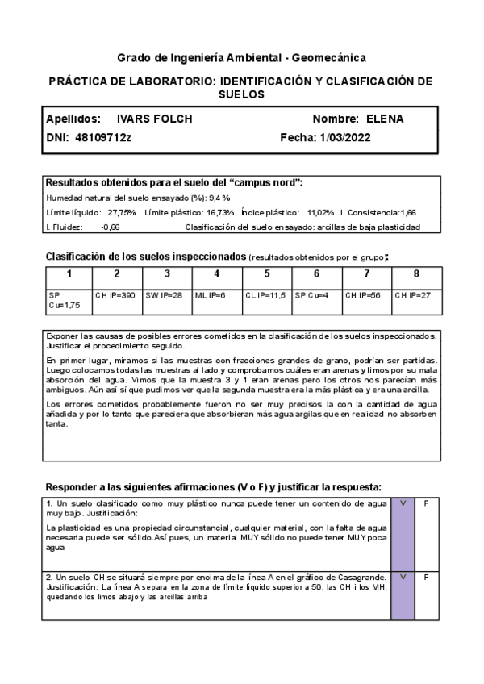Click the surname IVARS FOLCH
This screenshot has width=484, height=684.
point(155,119)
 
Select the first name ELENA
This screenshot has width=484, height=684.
point(385,119)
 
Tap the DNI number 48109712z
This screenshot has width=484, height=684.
point(102,138)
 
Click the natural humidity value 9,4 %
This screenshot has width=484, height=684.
point(219,197)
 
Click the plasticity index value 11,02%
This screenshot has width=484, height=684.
point(320,212)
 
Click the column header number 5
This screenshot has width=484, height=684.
point(267,273)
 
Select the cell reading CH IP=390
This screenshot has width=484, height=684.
point(115,296)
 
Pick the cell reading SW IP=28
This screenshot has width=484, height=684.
point(165,296)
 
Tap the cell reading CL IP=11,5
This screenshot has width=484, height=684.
point(265,296)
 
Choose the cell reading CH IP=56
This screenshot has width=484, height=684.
point(365,296)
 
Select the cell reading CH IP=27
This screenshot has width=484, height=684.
point(413,296)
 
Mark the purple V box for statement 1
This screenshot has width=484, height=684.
point(402,533)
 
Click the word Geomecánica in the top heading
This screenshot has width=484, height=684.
point(328,58)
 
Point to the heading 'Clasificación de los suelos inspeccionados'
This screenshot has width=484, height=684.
point(145,256)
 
